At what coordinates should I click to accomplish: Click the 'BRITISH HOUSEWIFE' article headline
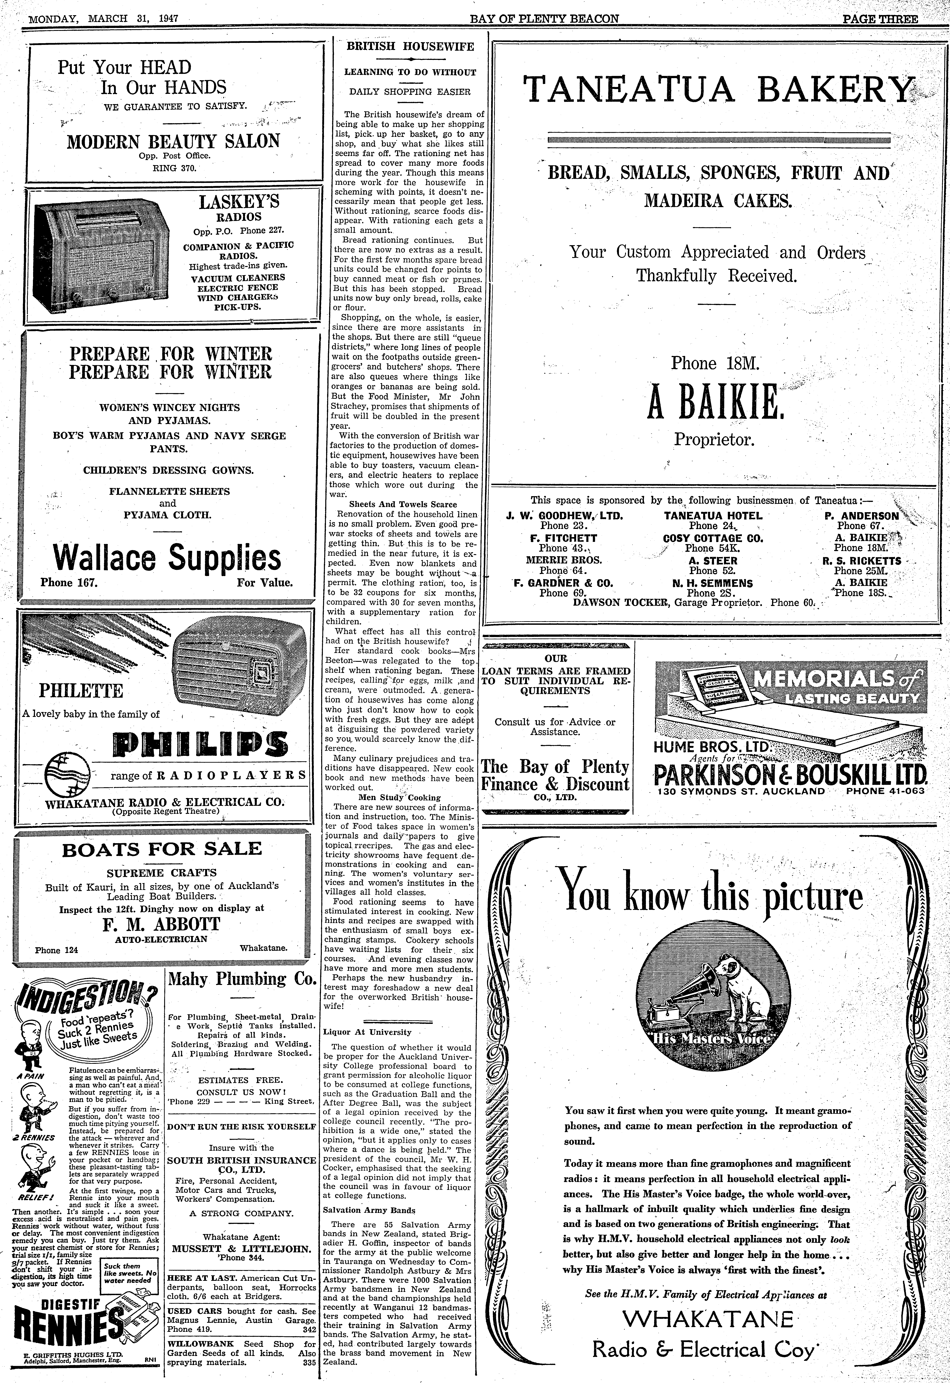410,46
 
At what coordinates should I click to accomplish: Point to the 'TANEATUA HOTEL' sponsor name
712,516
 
